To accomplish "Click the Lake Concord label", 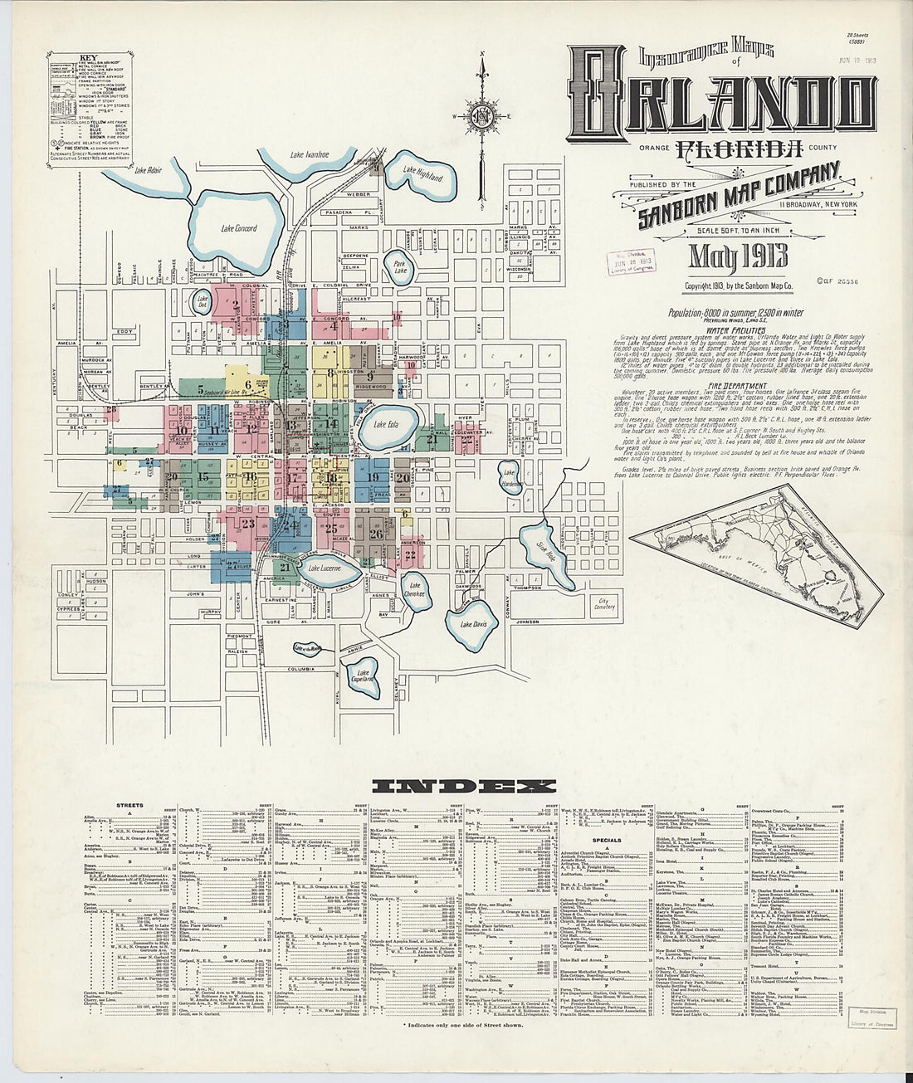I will pyautogui.click(x=239, y=228).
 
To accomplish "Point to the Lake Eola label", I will pyautogui.click(x=386, y=425).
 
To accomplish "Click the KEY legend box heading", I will pyautogui.click(x=88, y=59).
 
